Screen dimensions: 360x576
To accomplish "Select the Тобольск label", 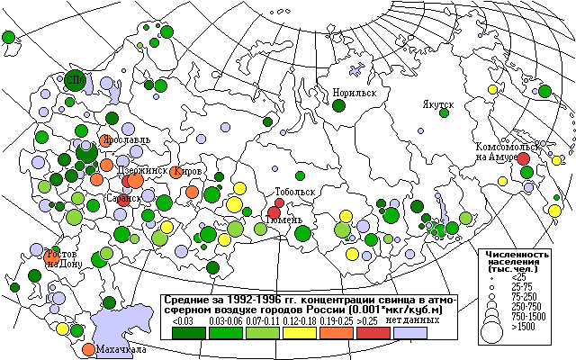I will tap(295, 192).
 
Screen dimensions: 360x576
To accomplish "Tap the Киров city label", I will tap(191, 170).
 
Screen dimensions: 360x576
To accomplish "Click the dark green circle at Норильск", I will tap(339, 105).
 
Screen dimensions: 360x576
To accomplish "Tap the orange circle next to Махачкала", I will tap(88, 348).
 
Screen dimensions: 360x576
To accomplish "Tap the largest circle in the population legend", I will tap(491, 329).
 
